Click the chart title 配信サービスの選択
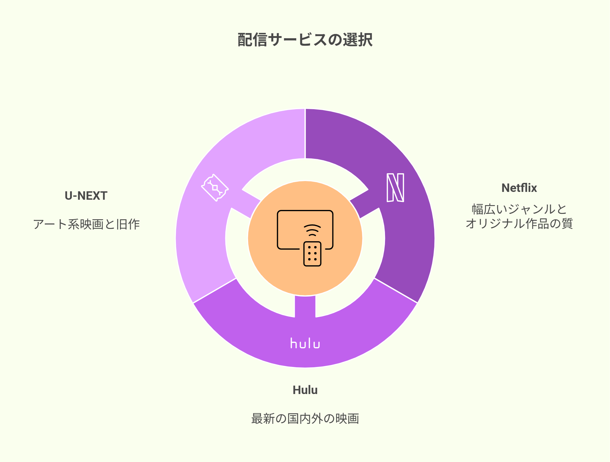[305, 40]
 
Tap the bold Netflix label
[519, 188]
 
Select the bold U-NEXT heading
[86, 196]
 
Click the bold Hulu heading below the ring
[305, 390]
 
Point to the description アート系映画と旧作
[86, 224]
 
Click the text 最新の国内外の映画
[305, 419]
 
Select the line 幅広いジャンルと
[519, 209]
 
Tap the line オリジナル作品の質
[519, 223]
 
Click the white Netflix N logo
[395, 187]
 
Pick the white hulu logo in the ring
[305, 343]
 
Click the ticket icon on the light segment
[215, 188]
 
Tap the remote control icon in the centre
[312, 254]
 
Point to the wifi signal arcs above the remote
[312, 230]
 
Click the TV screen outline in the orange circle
[305, 211]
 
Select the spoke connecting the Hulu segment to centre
[305, 306]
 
